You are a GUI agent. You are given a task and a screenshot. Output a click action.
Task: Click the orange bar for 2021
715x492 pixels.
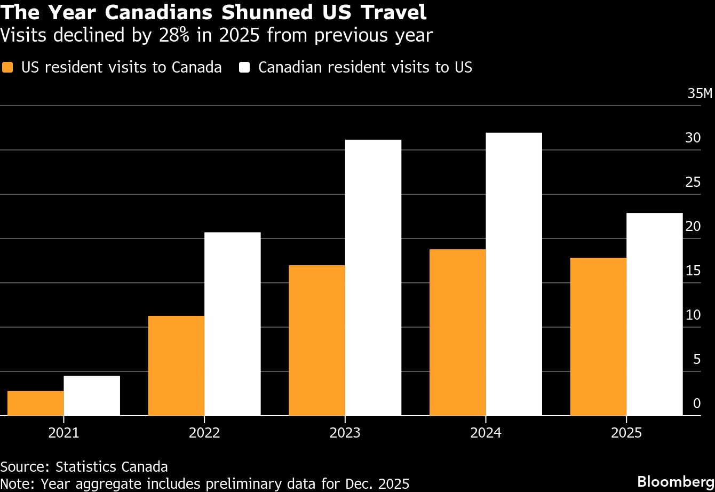point(35,403)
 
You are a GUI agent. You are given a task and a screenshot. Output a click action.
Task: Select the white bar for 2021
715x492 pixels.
point(92,395)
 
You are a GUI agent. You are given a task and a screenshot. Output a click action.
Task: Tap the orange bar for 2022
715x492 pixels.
point(176,366)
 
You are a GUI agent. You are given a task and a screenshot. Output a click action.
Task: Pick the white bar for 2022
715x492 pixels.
point(233,323)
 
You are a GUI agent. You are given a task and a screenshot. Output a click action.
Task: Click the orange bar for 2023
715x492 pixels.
point(317,340)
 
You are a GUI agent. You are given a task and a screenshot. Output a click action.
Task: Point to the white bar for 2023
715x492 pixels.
point(373,277)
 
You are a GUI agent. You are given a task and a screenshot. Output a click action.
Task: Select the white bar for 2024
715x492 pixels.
point(514,274)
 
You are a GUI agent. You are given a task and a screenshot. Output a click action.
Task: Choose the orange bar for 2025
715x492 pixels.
point(598,336)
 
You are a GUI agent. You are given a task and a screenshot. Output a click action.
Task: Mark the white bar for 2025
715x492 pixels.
point(655,314)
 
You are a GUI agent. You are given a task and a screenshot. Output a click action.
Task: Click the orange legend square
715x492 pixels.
point(7,68)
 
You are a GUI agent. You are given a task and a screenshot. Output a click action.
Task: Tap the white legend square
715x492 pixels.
point(245,68)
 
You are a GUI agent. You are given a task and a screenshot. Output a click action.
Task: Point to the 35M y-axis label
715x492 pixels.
point(700,94)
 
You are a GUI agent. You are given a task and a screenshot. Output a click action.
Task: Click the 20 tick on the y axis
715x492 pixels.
point(693,226)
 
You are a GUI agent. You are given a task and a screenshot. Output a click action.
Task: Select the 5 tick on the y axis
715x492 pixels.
point(696,359)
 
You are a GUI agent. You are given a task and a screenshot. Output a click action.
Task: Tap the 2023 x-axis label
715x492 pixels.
point(345,432)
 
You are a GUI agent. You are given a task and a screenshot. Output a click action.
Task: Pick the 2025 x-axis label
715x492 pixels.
point(626,432)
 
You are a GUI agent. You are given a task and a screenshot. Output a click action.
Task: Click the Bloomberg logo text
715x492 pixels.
point(676,480)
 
